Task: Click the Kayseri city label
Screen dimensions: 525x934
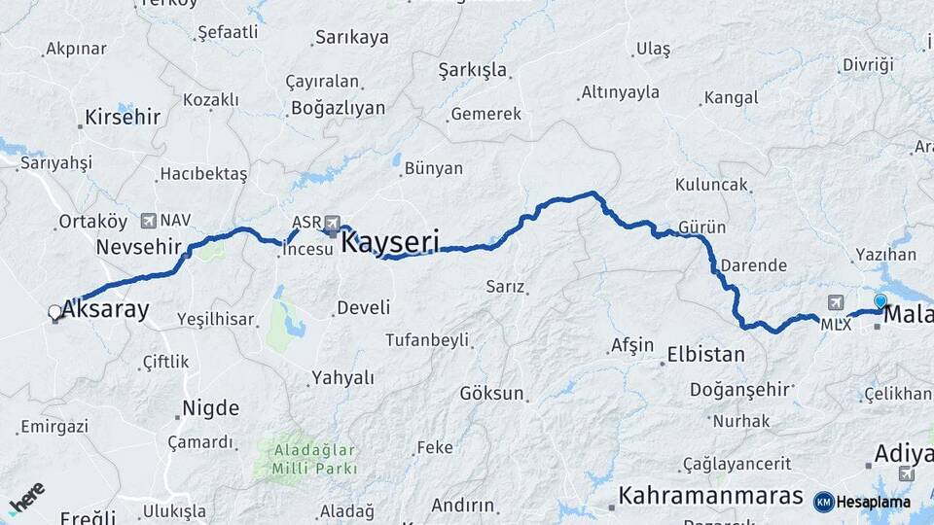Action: (390, 242)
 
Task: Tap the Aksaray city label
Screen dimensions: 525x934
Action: (106, 310)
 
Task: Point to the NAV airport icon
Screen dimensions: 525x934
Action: (149, 221)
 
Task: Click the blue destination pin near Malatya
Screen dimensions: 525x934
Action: (880, 302)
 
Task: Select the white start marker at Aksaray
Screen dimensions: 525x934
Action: (54, 312)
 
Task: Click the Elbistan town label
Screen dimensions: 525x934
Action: (705, 355)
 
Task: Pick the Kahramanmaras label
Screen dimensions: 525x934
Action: (710, 495)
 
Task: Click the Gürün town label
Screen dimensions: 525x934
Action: (702, 227)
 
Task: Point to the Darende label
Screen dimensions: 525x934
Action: (753, 265)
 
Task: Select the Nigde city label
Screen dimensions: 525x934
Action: (211, 408)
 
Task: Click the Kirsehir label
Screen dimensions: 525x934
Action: (122, 118)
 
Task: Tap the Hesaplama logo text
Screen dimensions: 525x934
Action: (873, 502)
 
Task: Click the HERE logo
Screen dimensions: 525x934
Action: (26, 499)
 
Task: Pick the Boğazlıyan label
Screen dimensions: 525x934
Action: (337, 108)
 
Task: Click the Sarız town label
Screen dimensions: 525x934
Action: (506, 287)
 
